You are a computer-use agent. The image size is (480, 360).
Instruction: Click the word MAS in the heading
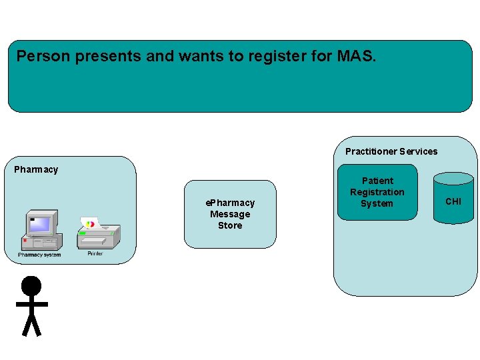(356, 56)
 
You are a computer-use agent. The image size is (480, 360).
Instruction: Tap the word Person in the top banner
(43, 56)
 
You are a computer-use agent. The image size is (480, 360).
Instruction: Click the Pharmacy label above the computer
(36, 169)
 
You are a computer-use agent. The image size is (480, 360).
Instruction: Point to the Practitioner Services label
(391, 151)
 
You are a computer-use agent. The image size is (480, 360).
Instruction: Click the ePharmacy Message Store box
(230, 214)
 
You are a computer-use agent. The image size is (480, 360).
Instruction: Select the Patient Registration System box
(377, 192)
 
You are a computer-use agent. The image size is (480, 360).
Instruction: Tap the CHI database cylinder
(453, 201)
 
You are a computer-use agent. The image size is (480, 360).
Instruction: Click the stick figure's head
(31, 286)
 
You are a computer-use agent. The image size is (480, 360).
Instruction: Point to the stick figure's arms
(31, 304)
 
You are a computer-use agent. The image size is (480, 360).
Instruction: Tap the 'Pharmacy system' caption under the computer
(39, 255)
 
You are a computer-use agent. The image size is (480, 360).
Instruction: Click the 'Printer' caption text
(95, 254)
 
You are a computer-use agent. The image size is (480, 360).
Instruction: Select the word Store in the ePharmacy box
(230, 225)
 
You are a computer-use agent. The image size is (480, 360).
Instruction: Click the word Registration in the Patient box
(377, 192)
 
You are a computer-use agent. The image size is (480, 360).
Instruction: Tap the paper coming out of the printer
(91, 223)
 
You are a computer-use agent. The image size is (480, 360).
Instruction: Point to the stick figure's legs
(31, 325)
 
